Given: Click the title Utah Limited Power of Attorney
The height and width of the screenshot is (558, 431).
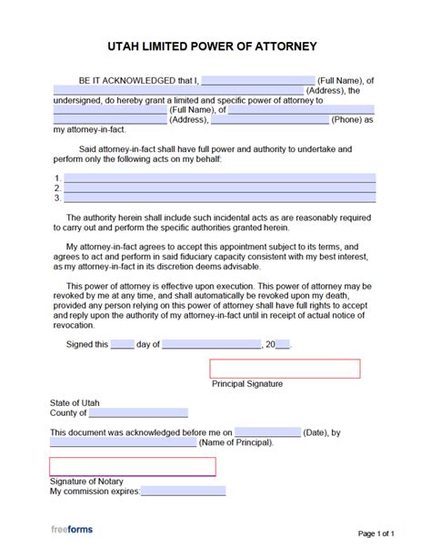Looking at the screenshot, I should [x=215, y=46].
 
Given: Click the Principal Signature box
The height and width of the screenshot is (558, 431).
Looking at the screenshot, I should [x=285, y=369].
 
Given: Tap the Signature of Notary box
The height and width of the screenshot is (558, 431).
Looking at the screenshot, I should [x=133, y=466].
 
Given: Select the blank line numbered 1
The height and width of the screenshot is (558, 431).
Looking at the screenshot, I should [x=219, y=178].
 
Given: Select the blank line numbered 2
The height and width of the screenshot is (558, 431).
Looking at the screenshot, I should [x=219, y=188].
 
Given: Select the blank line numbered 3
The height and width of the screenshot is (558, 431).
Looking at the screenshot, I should [x=219, y=198].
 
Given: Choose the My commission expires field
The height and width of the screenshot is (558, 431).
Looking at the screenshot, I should [x=183, y=492].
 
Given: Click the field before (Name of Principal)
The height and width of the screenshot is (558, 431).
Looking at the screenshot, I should [x=123, y=442].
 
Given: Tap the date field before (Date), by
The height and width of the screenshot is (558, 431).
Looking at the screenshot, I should [x=268, y=432].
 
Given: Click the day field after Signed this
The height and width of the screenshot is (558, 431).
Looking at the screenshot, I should [x=123, y=345].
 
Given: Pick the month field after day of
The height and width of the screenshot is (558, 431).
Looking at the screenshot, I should [x=212, y=345].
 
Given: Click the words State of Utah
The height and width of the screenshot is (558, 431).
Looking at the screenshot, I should [x=75, y=402].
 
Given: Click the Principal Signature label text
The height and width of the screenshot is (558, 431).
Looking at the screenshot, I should [x=247, y=384].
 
